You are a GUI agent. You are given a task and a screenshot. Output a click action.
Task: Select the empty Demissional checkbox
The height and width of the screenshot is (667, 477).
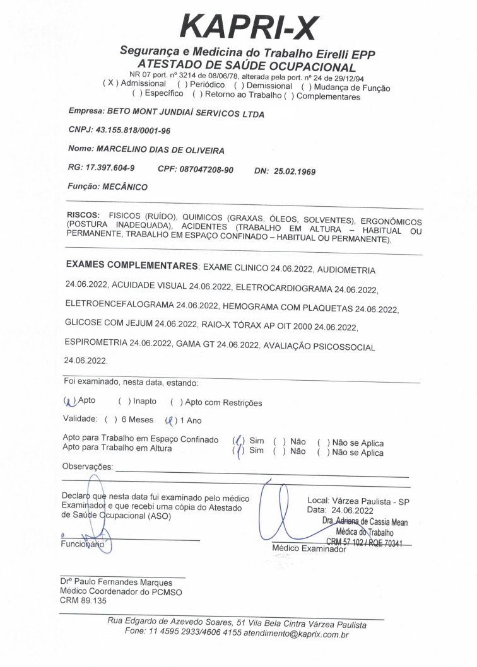click(238, 86)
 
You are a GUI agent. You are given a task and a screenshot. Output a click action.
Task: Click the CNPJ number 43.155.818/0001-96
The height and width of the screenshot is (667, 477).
click(132, 130)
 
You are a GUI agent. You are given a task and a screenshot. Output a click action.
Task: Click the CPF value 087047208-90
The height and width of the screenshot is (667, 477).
click(208, 170)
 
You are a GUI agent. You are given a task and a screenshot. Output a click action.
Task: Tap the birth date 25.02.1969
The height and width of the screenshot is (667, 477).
click(295, 171)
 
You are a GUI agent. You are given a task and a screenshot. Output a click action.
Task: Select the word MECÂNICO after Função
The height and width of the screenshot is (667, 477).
click(125, 187)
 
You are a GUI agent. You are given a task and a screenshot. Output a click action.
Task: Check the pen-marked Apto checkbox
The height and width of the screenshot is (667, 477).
click(69, 401)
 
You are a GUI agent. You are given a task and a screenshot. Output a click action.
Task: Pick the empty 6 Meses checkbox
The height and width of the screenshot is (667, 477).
click(110, 420)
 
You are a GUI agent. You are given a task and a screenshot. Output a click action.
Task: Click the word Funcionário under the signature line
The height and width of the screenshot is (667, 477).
click(82, 543)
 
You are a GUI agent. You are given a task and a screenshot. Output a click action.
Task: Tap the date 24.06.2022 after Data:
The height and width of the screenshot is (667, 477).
click(353, 511)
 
